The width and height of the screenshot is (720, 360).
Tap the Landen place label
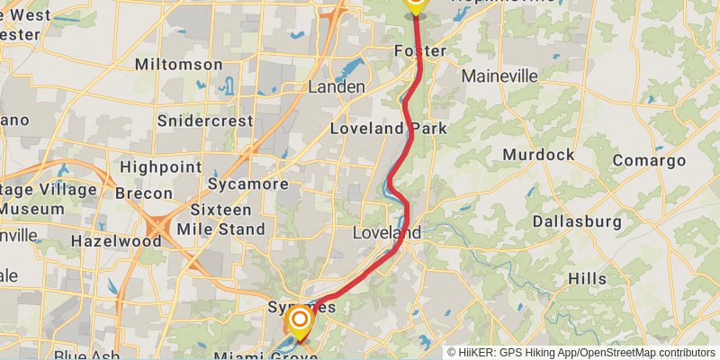pyautogui.click(x=337, y=87)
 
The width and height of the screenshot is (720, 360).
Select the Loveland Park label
pyautogui.click(x=389, y=129)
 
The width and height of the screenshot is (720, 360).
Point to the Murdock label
pyautogui.click(x=538, y=155)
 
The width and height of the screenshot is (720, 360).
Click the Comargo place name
pyautogui.click(x=649, y=160)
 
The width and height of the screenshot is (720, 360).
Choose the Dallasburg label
pyautogui.click(x=577, y=221)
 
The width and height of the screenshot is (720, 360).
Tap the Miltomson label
pyautogui.click(x=178, y=65)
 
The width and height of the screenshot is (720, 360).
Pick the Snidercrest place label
pyautogui.click(x=202, y=120)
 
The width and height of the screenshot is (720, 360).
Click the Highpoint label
pyautogui.click(x=160, y=167)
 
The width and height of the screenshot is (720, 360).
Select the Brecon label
pyautogui.click(x=143, y=193)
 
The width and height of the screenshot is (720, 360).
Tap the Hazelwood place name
pyautogui.click(x=115, y=241)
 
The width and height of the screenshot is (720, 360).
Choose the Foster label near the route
pyautogui.click(x=419, y=51)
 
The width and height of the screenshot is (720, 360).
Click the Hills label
pyautogui.click(x=587, y=279)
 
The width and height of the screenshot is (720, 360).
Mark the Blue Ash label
pyautogui.click(x=87, y=356)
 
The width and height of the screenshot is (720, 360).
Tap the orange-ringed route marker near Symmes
pyautogui.click(x=299, y=320)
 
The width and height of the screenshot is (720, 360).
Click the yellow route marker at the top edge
pyautogui.click(x=414, y=4)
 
